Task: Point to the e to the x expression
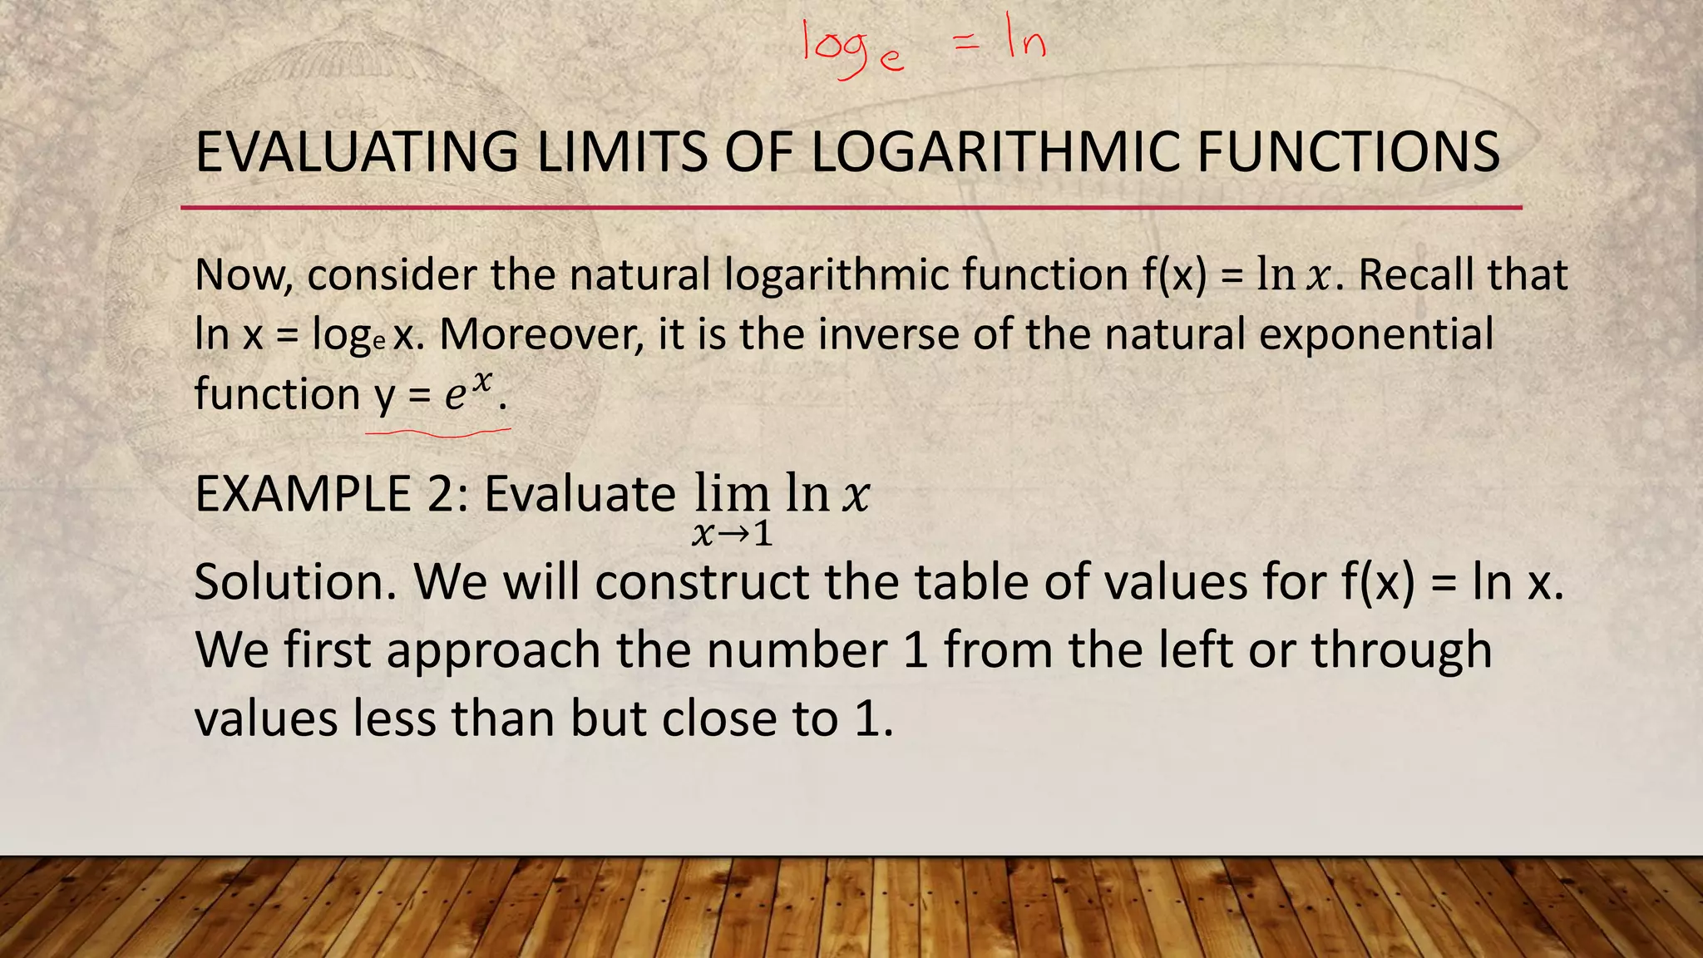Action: coord(468,392)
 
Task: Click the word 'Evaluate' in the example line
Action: coord(580,494)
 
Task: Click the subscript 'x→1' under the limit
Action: coord(732,534)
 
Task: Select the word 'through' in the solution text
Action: coord(1401,650)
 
